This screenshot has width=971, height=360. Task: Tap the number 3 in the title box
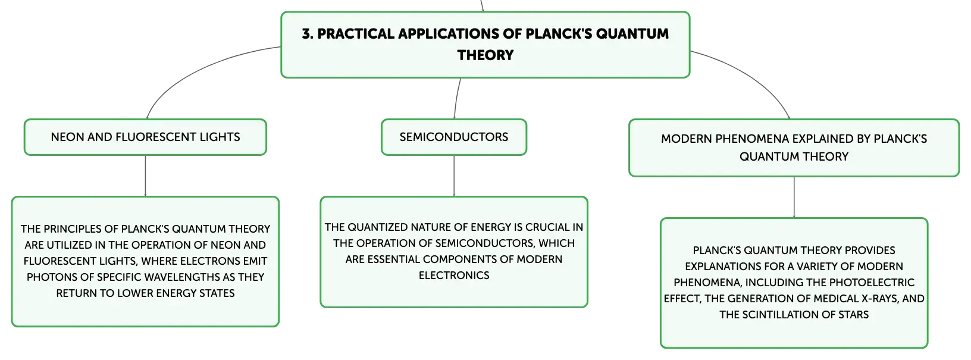point(306,34)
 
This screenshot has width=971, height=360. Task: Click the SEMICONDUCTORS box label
point(454,137)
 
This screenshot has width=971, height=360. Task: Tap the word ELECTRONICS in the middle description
point(454,276)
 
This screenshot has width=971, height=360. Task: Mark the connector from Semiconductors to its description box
point(454,176)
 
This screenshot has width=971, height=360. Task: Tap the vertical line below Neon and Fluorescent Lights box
point(145,176)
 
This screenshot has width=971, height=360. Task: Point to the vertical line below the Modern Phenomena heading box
point(794,198)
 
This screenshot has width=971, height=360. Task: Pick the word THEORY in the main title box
point(485,55)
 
